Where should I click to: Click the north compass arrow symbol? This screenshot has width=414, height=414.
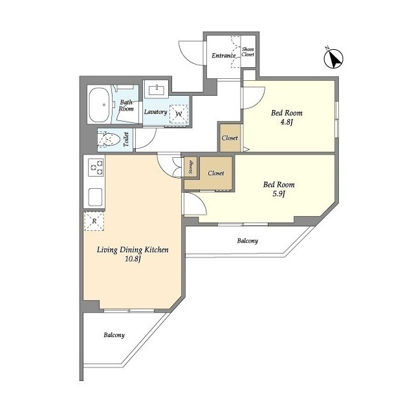tap(334, 58)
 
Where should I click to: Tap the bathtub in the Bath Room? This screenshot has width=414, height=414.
tap(99, 105)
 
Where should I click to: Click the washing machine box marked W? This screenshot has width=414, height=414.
tap(179, 114)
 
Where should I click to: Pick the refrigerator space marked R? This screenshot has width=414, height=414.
tap(94, 221)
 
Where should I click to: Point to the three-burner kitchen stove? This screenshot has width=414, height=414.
tap(96, 168)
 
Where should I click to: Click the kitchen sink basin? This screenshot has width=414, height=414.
tap(95, 197)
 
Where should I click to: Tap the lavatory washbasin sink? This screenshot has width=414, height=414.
tap(157, 89)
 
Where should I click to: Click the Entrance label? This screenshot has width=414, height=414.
tap(224, 56)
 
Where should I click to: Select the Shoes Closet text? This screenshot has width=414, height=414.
tap(248, 52)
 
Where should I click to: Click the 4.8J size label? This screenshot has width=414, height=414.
tap(287, 122)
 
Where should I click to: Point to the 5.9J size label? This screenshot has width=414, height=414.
tap(279, 194)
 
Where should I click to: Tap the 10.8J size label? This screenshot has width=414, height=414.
tap(133, 259)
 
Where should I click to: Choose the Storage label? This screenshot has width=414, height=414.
tap(191, 167)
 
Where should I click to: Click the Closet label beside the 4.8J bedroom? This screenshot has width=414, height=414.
tap(230, 138)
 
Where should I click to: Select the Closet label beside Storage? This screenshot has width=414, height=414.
tap(216, 173)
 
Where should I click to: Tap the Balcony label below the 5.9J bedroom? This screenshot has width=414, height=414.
tap(247, 241)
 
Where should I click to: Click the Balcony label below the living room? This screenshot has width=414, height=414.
tap(114, 335)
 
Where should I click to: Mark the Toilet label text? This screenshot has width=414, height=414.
tap(126, 140)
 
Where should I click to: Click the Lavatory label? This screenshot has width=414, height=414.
tap(155, 112)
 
